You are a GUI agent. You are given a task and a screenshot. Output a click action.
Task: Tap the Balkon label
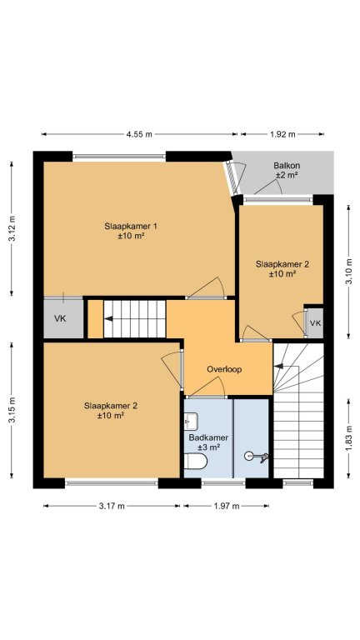(x=287, y=166)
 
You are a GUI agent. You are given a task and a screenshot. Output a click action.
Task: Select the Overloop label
(x=224, y=369)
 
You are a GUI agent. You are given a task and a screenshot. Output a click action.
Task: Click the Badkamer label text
(x=208, y=437)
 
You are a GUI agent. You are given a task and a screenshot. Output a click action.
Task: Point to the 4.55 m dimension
(x=139, y=134)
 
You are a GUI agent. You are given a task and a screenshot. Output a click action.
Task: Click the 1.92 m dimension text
(x=282, y=134)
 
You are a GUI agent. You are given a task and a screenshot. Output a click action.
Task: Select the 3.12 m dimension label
(x=12, y=228)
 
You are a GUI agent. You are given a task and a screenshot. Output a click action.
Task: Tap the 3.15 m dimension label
(x=12, y=410)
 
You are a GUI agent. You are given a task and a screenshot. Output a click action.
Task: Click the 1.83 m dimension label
(x=349, y=439)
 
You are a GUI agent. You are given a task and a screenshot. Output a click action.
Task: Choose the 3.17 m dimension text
(x=112, y=506)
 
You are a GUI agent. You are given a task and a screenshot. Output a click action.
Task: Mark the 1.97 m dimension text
(x=227, y=506)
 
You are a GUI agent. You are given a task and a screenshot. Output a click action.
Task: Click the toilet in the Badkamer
(x=196, y=461)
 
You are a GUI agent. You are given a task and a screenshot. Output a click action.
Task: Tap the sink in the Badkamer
(x=191, y=420)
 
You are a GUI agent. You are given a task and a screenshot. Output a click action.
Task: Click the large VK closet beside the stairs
(x=63, y=318)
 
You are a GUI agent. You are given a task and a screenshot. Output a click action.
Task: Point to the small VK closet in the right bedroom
(x=315, y=322)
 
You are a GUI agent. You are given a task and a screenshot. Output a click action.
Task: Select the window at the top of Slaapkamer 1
(x=119, y=156)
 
